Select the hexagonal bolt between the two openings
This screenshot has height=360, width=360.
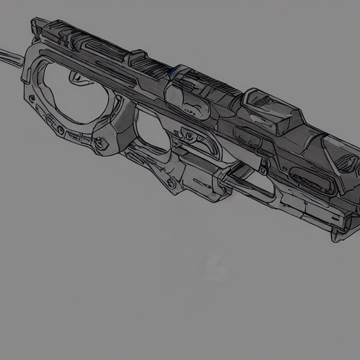[100, 143]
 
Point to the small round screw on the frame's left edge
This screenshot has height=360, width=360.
[31, 99]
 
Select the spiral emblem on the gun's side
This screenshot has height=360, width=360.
[188, 136]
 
